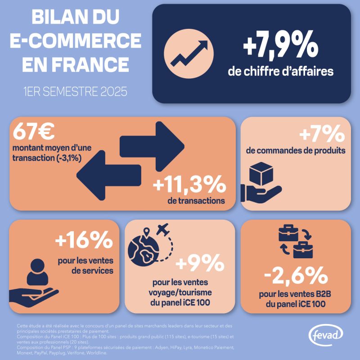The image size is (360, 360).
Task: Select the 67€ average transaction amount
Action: pos(34,131)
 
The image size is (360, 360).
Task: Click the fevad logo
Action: pos(325,335)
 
